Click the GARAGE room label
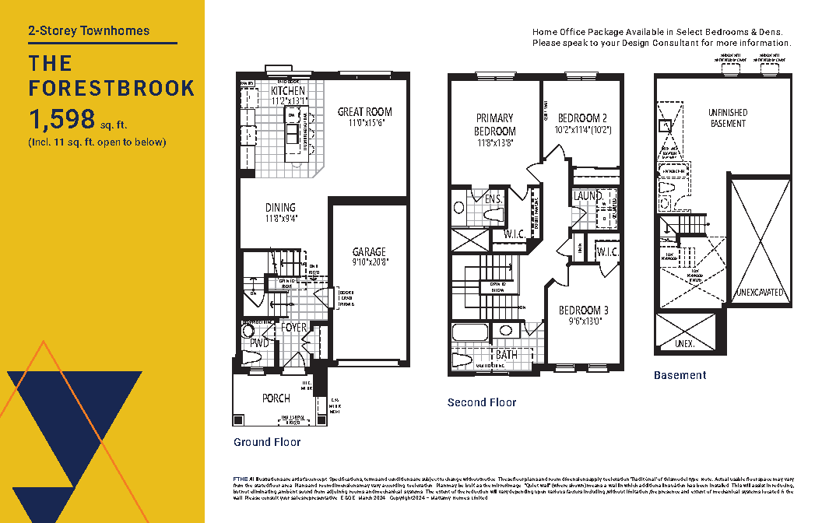[369, 252]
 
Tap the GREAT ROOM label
[364, 112]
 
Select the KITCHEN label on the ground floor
[288, 91]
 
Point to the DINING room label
[280, 208]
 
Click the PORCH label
[276, 398]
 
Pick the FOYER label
[294, 328]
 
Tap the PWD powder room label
[259, 343]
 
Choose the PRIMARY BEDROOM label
[495, 125]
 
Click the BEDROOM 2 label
[582, 118]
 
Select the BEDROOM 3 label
[584, 311]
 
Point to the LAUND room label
[587, 196]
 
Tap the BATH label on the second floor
[507, 355]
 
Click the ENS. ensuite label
[493, 199]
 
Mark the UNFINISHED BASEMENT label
[728, 118]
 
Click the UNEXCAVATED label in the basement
[761, 293]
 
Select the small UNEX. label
[685, 342]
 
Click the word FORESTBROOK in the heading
[111, 88]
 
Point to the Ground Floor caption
[267, 442]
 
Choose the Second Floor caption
[482, 402]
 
